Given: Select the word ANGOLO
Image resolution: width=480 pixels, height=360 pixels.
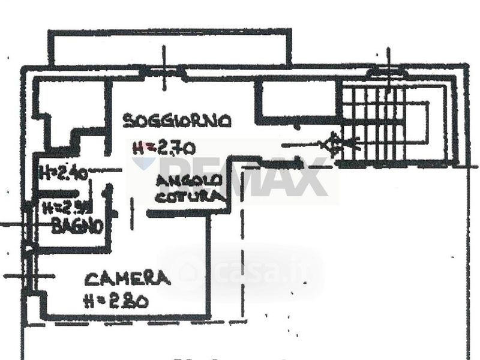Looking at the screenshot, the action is click(190, 180).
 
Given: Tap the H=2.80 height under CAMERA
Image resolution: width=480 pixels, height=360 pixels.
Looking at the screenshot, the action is click(116, 301).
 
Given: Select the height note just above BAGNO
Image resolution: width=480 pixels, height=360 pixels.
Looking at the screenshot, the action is click(67, 208).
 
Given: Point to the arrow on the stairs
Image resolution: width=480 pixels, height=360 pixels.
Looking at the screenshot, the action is click(336, 145).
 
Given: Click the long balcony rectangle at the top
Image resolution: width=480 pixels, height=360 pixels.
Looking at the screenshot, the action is click(169, 47).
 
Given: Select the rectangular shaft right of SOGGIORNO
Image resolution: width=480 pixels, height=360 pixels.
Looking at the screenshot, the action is click(297, 102).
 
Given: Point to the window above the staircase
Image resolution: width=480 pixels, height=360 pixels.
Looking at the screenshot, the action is click(388, 73).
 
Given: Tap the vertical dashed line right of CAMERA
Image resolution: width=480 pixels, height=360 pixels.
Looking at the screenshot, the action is click(243, 264).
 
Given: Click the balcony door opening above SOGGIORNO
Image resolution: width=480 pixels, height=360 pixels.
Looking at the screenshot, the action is click(163, 71).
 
